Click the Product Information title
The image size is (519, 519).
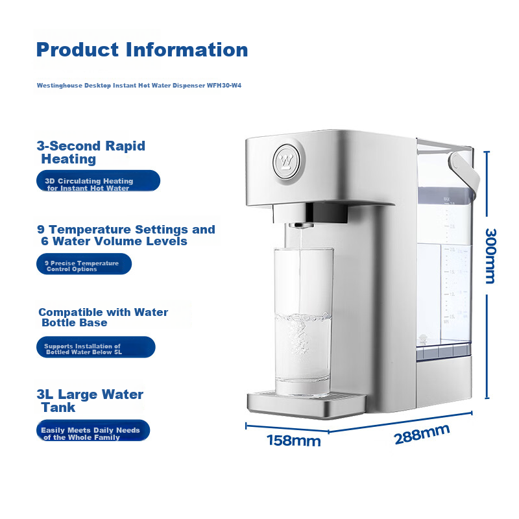142,50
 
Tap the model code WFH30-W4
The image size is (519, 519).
224,86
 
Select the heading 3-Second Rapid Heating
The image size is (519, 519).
91,152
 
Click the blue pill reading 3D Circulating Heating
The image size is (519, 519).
99,181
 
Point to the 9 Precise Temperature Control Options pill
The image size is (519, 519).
84,264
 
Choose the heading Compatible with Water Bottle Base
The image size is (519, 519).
103,317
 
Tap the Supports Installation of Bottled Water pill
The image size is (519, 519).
95,347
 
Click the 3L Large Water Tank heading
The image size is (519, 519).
90,400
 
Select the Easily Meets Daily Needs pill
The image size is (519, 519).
93,430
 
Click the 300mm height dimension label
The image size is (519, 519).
490,256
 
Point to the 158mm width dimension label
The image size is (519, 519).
294,441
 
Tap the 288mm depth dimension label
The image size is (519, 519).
422,434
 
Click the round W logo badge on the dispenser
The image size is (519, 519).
287,162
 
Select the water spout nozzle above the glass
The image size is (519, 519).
300,225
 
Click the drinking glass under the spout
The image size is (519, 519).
303,321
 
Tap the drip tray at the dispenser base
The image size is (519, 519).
306,404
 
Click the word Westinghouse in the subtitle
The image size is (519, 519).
60,86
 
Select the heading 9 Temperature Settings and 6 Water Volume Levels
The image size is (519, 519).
126,235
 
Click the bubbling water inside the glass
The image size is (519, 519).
303,348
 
